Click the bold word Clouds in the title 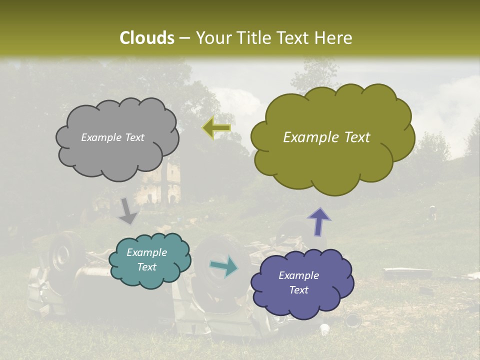[147, 38]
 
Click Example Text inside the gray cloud [112, 137]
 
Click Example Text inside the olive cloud [326, 137]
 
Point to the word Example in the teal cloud [146, 252]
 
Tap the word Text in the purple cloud [298, 290]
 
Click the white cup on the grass [325, 329]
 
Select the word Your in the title [211, 38]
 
